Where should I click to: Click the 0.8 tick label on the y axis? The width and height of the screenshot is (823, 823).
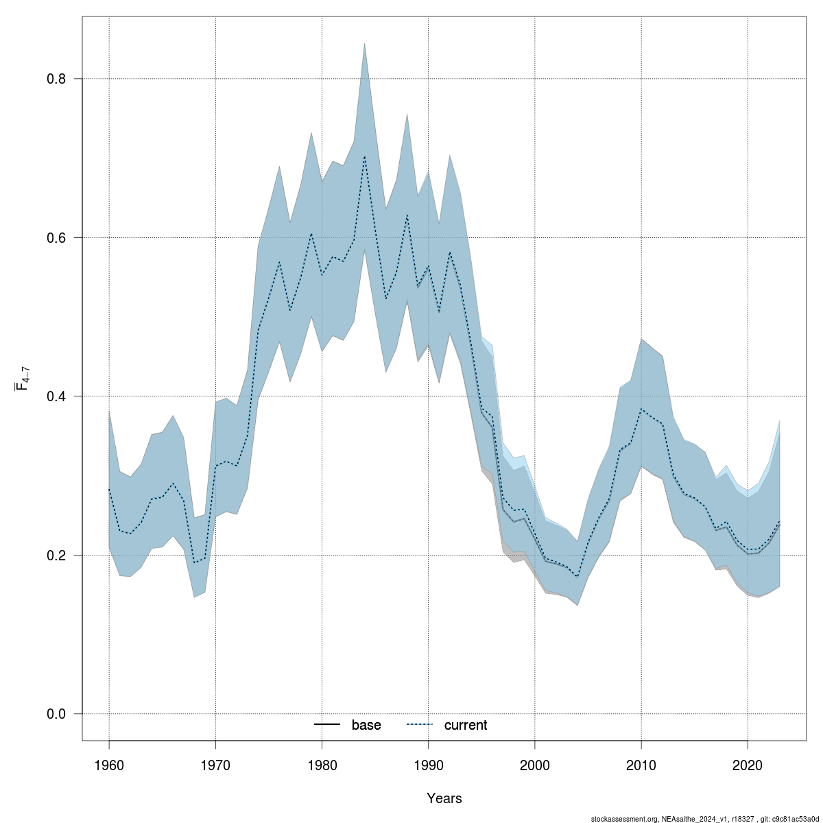(x=56, y=79)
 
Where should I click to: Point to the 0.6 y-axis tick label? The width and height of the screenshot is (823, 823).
(x=56, y=237)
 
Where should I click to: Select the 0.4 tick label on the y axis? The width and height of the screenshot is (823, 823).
(x=56, y=396)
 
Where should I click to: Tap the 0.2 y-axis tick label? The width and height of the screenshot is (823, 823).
(x=56, y=555)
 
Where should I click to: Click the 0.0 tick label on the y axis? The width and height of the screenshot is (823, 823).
(x=56, y=714)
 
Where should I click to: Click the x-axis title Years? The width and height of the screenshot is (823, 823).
(x=444, y=798)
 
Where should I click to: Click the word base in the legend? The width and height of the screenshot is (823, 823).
(x=366, y=725)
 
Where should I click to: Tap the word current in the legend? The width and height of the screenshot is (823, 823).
(x=466, y=725)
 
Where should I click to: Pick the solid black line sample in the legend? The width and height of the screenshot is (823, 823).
(x=328, y=725)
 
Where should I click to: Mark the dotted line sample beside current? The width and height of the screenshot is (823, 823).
(x=420, y=725)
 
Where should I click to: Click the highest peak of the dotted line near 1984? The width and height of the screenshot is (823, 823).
(x=364, y=157)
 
